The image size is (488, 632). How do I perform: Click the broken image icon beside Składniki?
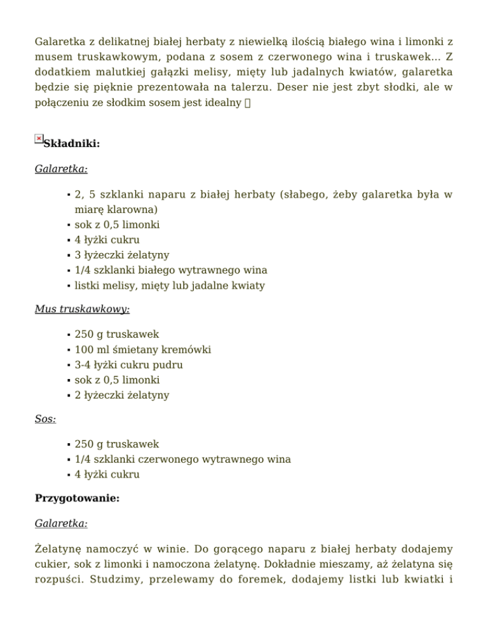click(39, 139)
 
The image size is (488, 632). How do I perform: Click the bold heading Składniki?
click(72, 144)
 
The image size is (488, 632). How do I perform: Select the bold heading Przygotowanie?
click(77, 498)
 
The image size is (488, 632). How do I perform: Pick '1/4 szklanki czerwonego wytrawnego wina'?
click(183, 459)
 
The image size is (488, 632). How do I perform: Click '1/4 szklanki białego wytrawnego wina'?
click(171, 270)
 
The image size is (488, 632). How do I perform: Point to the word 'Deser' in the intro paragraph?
click(299, 86)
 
